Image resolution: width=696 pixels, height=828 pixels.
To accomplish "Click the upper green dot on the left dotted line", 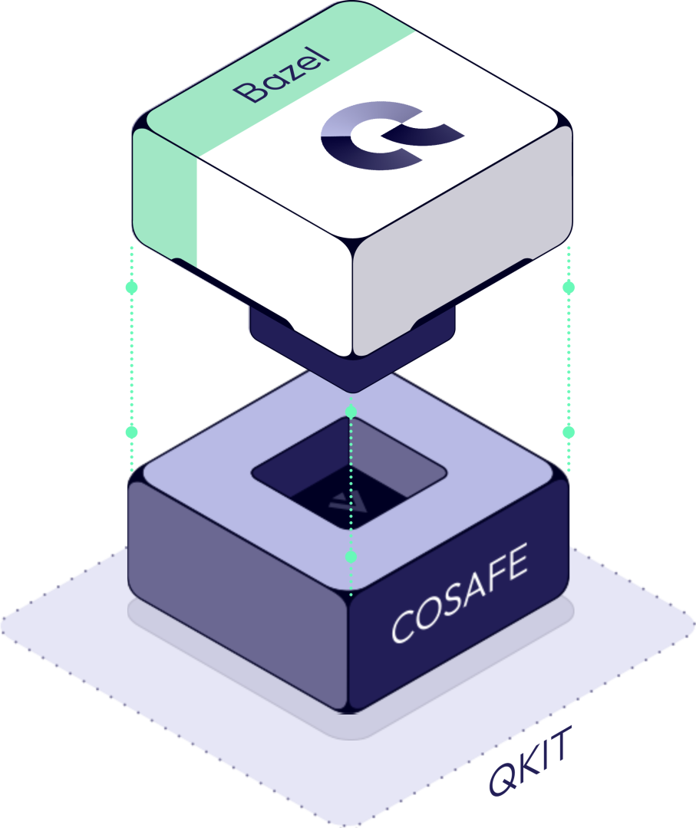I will (x=131, y=287).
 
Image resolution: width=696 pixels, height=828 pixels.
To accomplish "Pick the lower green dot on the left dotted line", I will (x=131, y=432).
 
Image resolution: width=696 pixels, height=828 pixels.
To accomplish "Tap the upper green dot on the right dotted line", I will (x=569, y=287).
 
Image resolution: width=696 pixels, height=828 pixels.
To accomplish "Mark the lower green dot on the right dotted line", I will (x=569, y=432).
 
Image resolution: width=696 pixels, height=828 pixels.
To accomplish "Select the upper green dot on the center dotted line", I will (x=351, y=412).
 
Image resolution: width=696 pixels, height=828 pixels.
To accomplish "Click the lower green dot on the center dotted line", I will (x=351, y=556).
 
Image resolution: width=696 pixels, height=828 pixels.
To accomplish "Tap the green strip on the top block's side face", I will (x=166, y=195).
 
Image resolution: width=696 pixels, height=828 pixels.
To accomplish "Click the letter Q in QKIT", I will (x=503, y=778).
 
